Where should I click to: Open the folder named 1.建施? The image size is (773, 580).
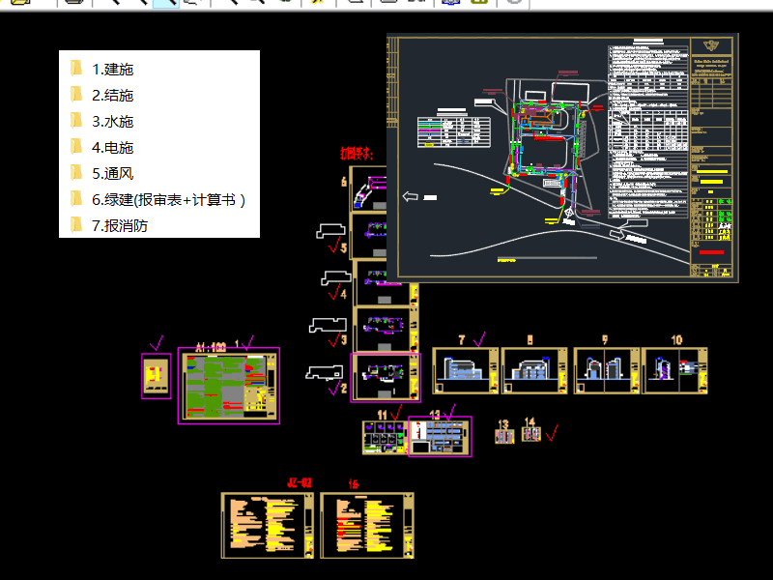coord(112,69)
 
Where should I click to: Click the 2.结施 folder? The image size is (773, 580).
coord(112,95)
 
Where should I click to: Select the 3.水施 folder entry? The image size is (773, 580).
coord(112,121)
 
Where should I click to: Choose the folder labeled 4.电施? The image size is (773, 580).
coord(112,147)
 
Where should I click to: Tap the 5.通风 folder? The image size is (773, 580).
coord(112,173)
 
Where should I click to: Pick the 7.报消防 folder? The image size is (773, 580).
coord(120,225)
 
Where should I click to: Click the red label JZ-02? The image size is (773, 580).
coord(300,481)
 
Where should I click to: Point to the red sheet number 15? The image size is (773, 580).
coord(353,482)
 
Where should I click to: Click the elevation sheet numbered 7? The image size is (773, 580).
coord(465,370)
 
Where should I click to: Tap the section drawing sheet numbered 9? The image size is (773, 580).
coord(605,370)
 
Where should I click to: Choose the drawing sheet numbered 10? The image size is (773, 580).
coord(675,370)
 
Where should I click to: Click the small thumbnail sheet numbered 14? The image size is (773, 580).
coord(531,434)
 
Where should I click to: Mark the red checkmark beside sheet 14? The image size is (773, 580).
coord(552,432)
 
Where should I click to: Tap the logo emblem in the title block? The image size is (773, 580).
coord(714,45)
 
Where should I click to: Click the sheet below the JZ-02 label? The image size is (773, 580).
coord(268,525)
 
